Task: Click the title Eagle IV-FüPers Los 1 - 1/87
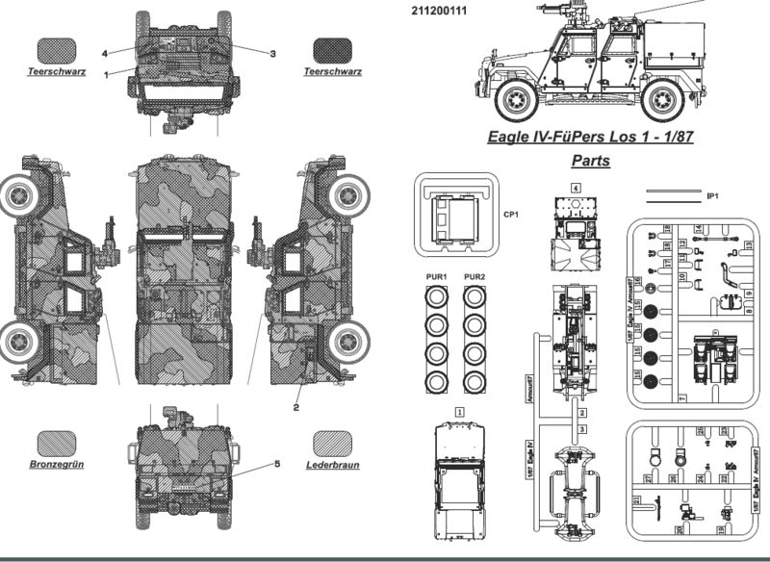591,136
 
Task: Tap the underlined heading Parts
590,161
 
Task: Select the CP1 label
511,215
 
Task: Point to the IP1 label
713,196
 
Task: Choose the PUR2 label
474,277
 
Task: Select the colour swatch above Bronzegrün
56,442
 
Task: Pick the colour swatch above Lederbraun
332,442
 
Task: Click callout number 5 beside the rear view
276,464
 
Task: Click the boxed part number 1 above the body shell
460,411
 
